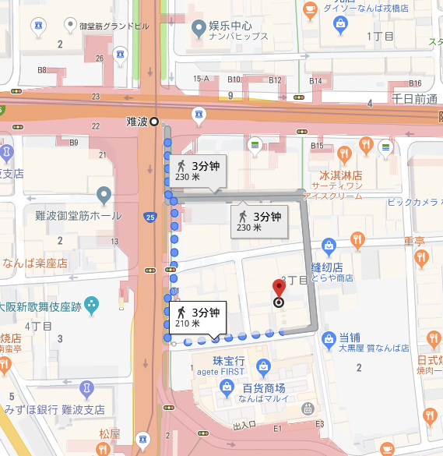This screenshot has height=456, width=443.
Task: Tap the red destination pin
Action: (278, 290)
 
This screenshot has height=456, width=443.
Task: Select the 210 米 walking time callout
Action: (195, 316)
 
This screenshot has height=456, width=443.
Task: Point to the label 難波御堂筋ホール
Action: (78, 215)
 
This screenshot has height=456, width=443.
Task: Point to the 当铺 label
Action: (348, 337)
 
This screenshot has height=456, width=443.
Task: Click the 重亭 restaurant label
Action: (414, 241)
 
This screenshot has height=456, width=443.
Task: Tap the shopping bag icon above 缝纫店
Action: (328, 247)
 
